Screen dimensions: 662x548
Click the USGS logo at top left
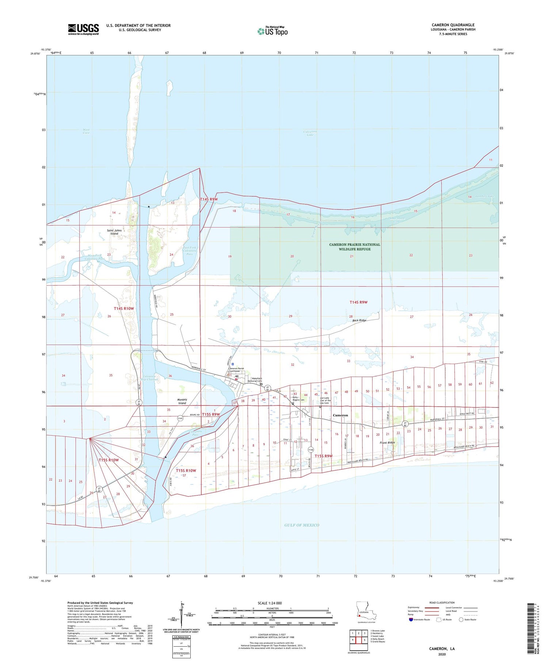(x=83, y=29)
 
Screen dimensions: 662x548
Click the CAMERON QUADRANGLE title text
(x=453, y=25)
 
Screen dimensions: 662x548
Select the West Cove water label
(x=86, y=131)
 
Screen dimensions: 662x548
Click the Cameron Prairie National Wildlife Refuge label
(x=354, y=247)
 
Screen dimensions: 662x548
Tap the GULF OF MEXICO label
(x=301, y=525)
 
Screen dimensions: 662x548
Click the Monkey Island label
(x=182, y=401)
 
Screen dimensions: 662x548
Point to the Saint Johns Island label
(x=114, y=232)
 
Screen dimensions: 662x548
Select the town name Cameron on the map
(x=340, y=415)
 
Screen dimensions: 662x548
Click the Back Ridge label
(x=359, y=320)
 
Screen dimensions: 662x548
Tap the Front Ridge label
(x=387, y=443)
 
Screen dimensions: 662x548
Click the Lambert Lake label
(x=485, y=196)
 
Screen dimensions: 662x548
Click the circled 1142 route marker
(x=311, y=449)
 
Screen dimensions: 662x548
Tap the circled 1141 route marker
(x=180, y=418)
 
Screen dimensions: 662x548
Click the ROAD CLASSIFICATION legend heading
(x=442, y=602)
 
